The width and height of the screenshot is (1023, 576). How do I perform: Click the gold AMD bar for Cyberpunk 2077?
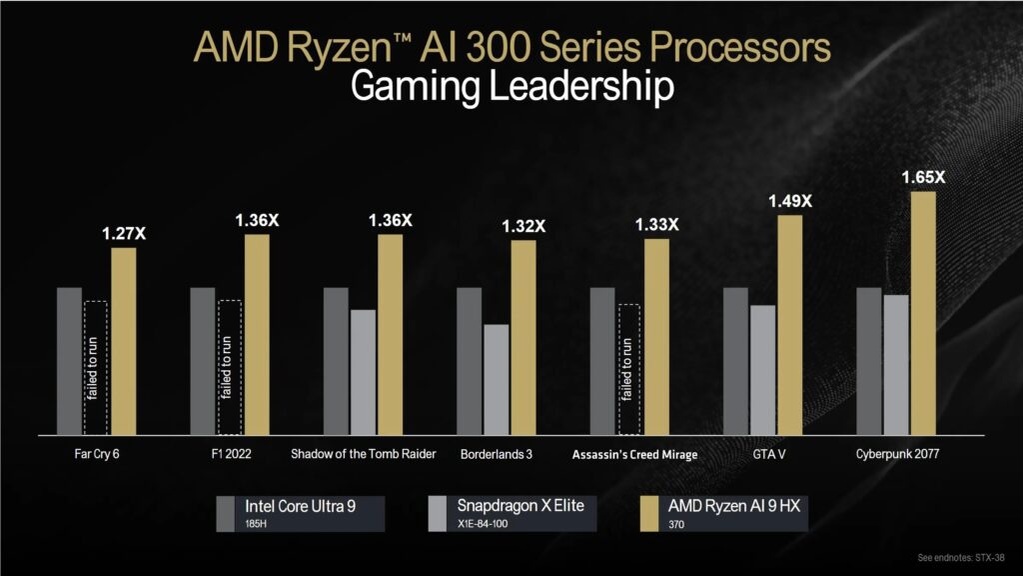(x=923, y=313)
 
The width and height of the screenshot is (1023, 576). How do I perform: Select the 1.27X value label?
(x=124, y=234)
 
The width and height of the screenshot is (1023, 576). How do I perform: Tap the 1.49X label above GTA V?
(x=790, y=202)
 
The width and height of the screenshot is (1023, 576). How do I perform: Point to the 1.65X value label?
(x=923, y=178)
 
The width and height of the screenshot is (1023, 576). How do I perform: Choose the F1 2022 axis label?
(x=230, y=454)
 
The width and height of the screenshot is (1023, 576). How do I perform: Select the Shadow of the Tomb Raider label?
(x=364, y=454)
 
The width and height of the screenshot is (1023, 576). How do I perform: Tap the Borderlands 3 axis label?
(x=497, y=454)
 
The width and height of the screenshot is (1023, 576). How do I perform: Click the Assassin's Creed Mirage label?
(x=634, y=454)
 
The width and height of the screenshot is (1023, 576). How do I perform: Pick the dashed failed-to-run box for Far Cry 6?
(x=96, y=368)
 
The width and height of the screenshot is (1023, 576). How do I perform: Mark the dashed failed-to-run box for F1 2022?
(x=229, y=368)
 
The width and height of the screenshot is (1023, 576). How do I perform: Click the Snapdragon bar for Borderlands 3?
(x=497, y=379)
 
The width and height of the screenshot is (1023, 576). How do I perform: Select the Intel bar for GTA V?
(x=735, y=361)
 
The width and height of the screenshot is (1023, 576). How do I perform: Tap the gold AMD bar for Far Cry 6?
(x=124, y=341)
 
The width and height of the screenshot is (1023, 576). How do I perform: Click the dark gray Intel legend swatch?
(x=227, y=512)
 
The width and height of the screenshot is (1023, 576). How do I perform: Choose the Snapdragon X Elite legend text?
(x=519, y=506)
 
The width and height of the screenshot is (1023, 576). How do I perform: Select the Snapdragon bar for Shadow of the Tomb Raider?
(x=364, y=372)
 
